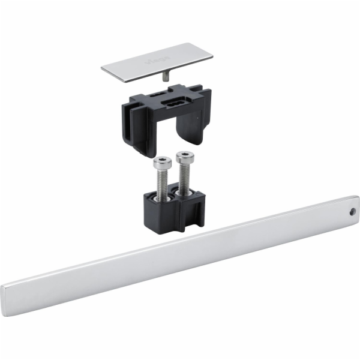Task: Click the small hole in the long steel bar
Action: click(x=352, y=212)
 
